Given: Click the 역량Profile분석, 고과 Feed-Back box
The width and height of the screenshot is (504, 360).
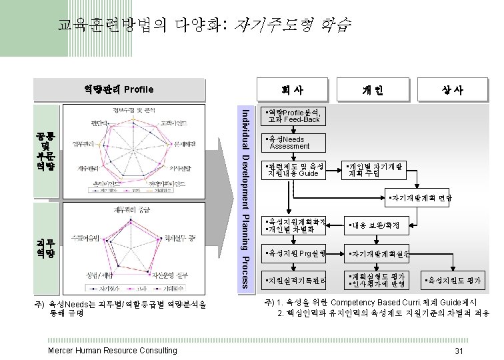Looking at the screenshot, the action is point(294,115).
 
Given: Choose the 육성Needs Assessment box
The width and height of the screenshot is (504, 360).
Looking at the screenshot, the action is point(294,142).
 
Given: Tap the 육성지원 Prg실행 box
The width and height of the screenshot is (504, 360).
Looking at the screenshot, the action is point(294,253).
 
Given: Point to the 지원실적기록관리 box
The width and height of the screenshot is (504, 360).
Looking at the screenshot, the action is point(294,281).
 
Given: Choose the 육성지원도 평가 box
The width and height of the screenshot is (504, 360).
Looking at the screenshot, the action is point(453,281).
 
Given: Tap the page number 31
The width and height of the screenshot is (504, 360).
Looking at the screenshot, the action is point(458,351).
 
